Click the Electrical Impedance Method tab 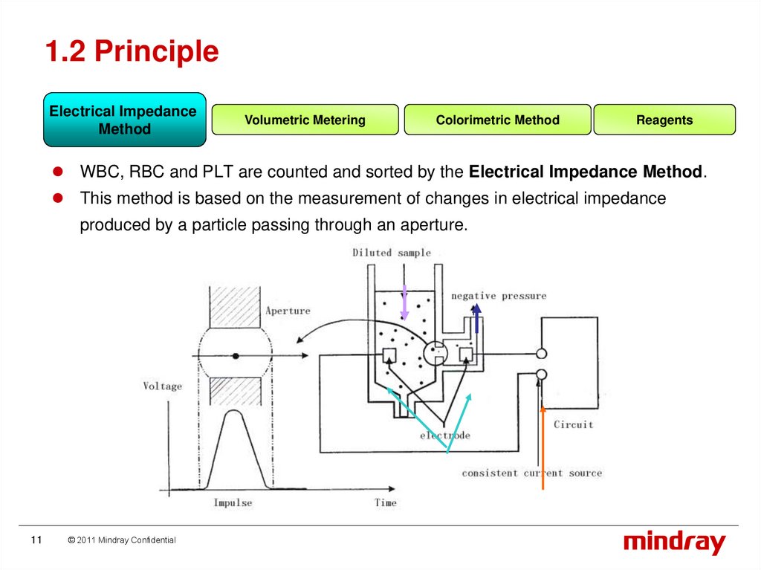[124, 120]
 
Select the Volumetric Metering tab [305, 120]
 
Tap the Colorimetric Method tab [497, 120]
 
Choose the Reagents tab [664, 120]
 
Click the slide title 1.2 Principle [132, 52]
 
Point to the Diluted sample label [392, 253]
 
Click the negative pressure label [498, 296]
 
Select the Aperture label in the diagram [288, 311]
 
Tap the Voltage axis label [162, 386]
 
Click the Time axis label [385, 503]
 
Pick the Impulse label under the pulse [233, 503]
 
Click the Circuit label [573, 424]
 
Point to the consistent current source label [531, 473]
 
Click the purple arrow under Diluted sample [404, 302]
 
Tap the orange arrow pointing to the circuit [543, 446]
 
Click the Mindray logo [674, 543]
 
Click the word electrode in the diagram [444, 435]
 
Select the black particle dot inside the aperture [236, 357]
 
